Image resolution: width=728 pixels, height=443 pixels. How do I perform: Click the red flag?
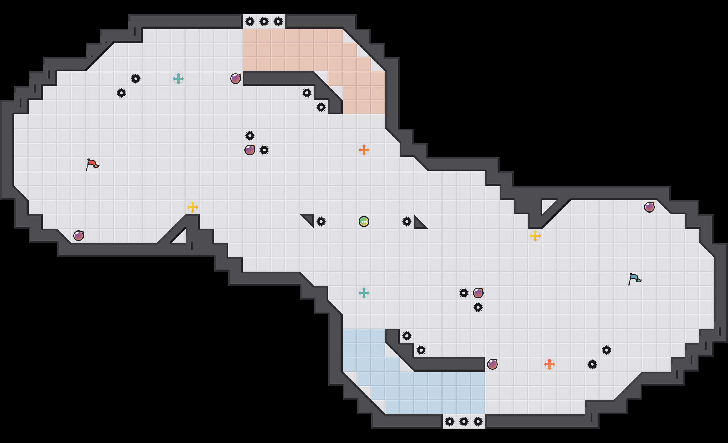coord(92,165)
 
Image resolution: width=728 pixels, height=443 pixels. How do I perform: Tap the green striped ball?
coord(364,221)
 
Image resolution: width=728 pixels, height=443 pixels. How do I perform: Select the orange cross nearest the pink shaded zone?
coord(364,150)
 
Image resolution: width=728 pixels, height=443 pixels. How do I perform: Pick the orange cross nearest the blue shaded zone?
coord(549,364)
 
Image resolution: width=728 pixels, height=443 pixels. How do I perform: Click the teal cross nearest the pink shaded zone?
coord(178,79)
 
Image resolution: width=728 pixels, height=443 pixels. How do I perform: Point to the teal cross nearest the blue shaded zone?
coord(364,293)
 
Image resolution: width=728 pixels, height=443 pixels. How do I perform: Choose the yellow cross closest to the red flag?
coord(192,207)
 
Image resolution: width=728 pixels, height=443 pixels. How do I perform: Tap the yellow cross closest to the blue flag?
coord(535,236)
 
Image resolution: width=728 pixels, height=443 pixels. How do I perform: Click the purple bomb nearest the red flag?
coord(79,236)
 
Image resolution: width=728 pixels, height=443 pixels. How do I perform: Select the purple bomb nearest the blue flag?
coord(649,207)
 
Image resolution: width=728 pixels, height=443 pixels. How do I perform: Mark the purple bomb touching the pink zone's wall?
coord(236,79)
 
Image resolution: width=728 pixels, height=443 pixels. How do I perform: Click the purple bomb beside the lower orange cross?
coord(492,364)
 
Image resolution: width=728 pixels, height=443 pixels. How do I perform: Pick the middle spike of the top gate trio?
coord(264,21)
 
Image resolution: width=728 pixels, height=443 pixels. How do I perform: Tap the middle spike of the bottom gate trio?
coord(464,422)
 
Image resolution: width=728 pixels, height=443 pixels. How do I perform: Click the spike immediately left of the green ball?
coord(321,221)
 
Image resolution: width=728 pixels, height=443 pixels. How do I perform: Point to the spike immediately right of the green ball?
coord(407,221)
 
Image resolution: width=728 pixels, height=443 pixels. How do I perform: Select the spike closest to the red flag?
coord(121,93)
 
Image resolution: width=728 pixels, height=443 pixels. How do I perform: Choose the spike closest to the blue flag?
coord(607,350)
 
